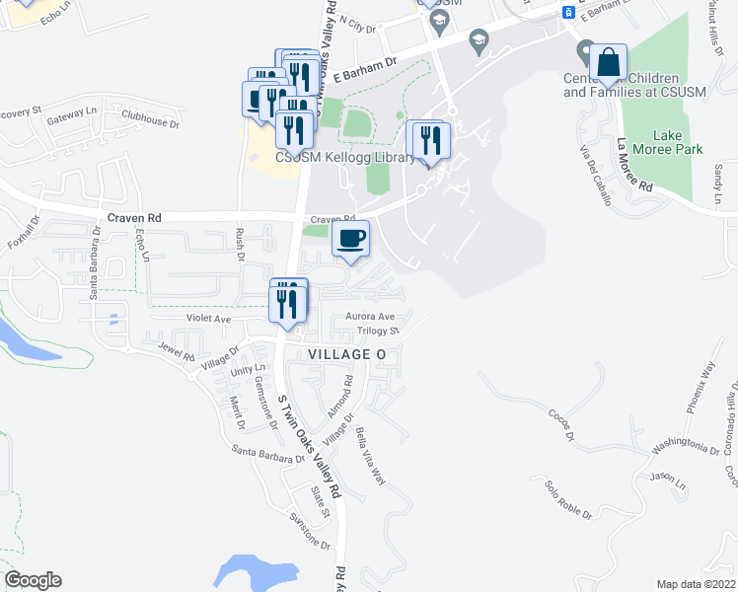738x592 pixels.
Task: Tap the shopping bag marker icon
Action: [x=610, y=62]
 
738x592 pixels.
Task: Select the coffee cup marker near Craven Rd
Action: [x=350, y=238]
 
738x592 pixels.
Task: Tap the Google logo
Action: [x=33, y=580]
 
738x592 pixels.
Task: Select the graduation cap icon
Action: [x=479, y=40]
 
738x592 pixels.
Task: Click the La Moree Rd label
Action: [x=634, y=165]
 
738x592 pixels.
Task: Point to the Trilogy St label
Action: [x=377, y=332]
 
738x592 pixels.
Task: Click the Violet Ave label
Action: [x=208, y=319]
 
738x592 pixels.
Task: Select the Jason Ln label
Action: [x=667, y=481]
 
